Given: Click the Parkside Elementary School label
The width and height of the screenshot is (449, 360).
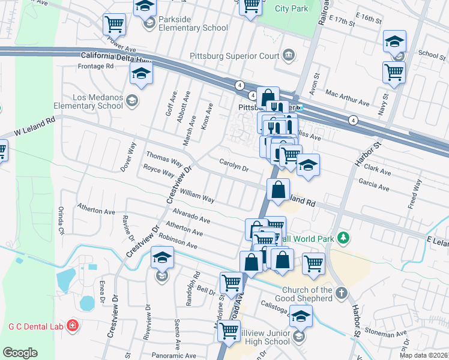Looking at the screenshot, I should (193, 23).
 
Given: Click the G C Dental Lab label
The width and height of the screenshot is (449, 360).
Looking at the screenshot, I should (35, 326).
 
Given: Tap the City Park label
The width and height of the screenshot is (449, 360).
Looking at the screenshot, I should (291, 8).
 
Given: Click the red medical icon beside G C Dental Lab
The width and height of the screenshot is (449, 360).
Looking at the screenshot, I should (73, 326).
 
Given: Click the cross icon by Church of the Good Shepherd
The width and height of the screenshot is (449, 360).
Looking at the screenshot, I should (342, 293).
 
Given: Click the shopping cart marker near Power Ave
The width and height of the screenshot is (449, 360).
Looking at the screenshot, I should (114, 24).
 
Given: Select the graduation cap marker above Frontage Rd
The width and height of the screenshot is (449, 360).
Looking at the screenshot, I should (141, 73).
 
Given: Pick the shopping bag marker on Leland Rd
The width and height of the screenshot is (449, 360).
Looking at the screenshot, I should (278, 190).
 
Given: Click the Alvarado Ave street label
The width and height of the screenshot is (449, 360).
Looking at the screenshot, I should (191, 216).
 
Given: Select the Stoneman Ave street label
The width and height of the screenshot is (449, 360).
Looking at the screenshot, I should (385, 334).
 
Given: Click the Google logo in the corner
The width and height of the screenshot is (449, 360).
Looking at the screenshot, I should (20, 353).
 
